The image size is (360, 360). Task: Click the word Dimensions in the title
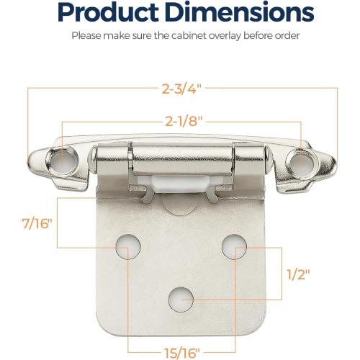[x=241, y=12]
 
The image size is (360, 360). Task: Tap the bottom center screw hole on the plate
[x=180, y=294]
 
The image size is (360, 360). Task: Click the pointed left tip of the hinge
[x=30, y=162]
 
